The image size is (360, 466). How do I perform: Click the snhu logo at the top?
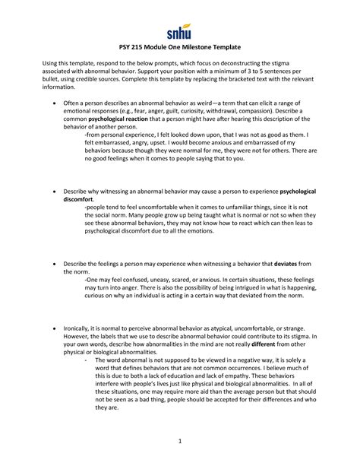coord(179,34)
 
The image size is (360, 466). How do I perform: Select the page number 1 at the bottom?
coord(179,443)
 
